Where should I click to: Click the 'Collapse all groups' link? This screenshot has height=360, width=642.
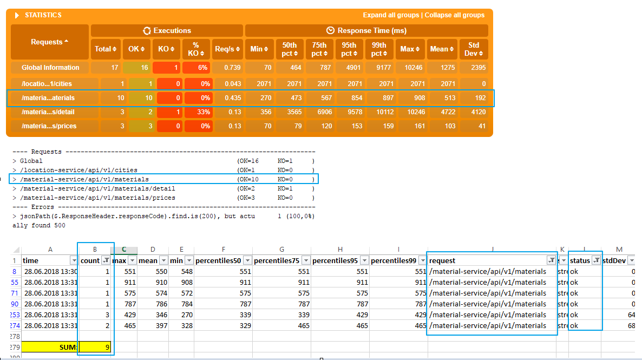[x=455, y=15]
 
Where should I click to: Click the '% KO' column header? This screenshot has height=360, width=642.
[x=196, y=49]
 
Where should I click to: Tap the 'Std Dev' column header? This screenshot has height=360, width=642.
[x=474, y=49]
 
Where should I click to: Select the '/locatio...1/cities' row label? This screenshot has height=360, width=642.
[x=47, y=84]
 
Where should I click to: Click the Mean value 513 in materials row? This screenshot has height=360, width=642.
[x=442, y=98]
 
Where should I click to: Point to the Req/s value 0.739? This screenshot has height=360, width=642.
[x=227, y=68]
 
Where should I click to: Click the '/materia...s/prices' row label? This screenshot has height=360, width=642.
[x=49, y=126]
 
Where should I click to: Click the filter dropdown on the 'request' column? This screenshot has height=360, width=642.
[x=552, y=260]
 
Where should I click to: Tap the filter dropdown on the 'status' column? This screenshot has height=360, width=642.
[x=596, y=260]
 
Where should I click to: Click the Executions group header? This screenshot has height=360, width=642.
[x=167, y=31]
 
